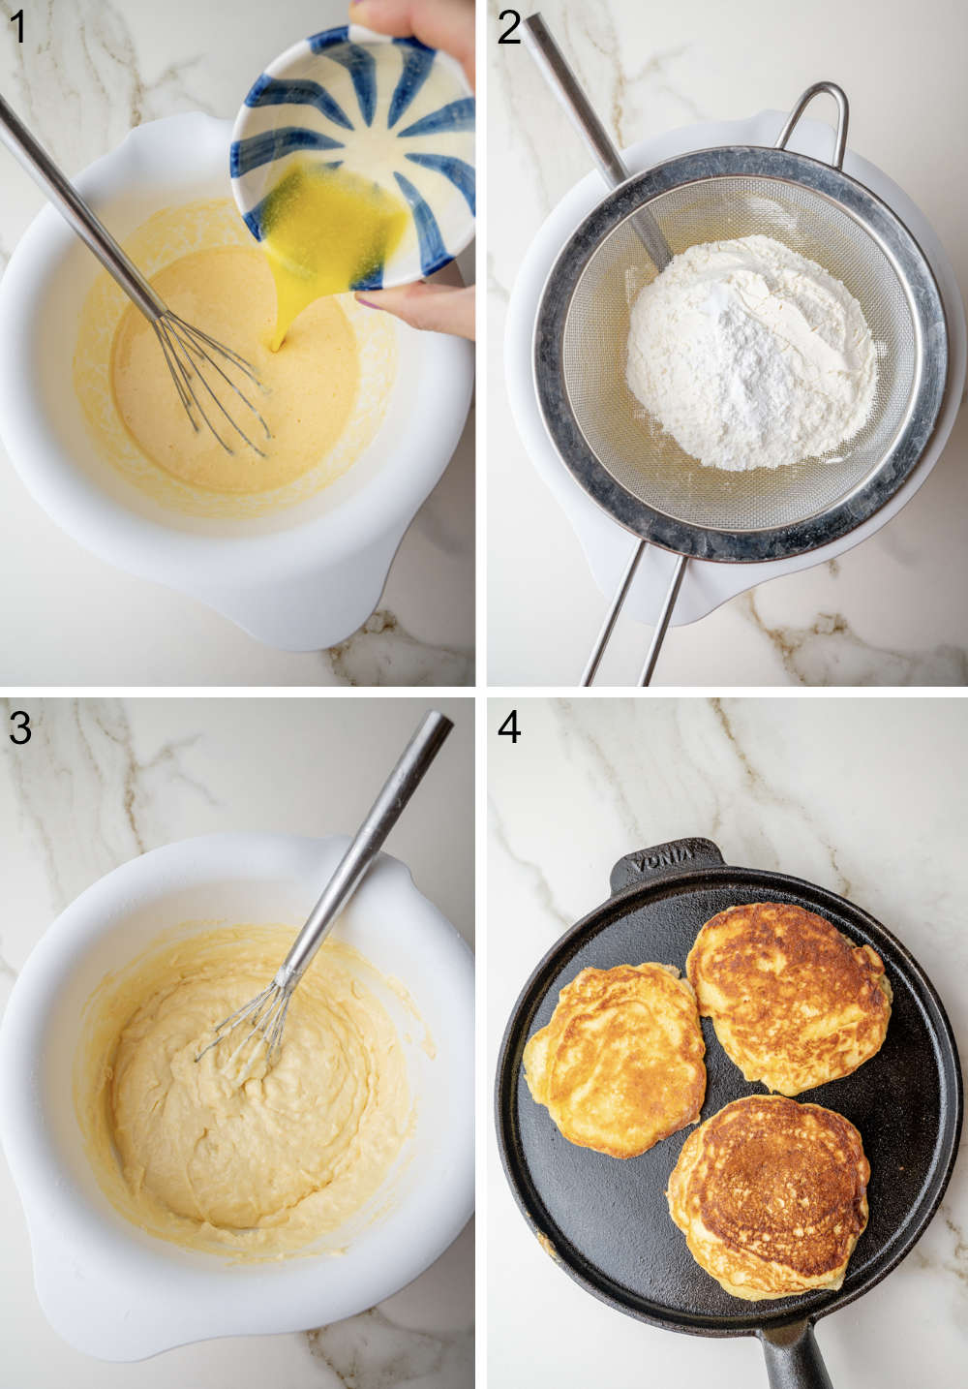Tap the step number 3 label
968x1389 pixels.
point(19,726)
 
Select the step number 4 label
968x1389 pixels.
point(509,726)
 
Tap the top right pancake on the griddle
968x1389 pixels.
point(789,993)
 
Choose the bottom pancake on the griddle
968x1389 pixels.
point(770,1191)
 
